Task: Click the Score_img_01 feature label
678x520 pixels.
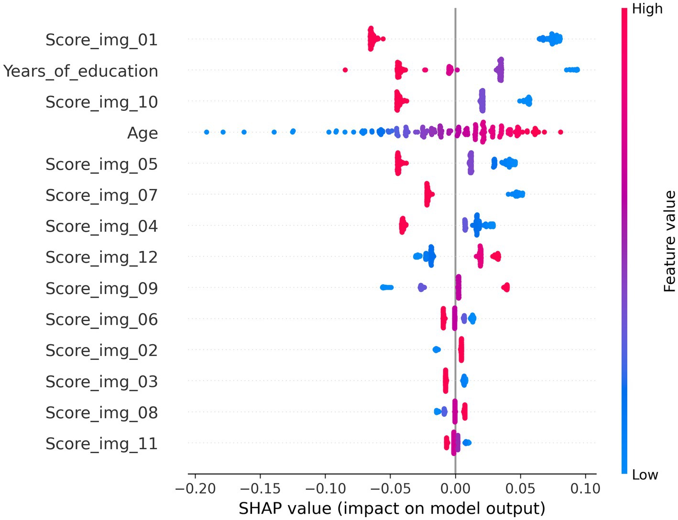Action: tap(101, 40)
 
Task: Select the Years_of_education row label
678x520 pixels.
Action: tap(80, 71)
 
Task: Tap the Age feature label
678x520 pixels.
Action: tap(142, 133)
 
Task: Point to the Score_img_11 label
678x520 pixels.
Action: tap(101, 444)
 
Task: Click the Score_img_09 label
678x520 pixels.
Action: tap(101, 288)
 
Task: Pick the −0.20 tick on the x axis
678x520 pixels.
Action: tap(194, 488)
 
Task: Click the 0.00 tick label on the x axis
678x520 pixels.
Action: tap(455, 488)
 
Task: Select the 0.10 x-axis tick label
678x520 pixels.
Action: tap(585, 488)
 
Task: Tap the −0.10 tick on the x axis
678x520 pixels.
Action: tap(325, 488)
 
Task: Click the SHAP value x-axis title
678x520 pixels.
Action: tap(392, 508)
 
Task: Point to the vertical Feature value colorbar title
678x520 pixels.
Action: tap(669, 241)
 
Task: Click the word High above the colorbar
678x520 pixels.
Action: tap(647, 9)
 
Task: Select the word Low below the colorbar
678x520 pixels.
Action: tap(645, 475)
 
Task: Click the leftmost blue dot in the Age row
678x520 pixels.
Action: tap(207, 132)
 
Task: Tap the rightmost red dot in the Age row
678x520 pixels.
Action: tap(560, 132)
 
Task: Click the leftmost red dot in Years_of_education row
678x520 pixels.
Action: tap(345, 70)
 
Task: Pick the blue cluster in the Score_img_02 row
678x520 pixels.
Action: tap(437, 350)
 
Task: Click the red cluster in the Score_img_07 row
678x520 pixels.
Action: tap(428, 194)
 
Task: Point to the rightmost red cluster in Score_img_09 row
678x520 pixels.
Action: tap(505, 287)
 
